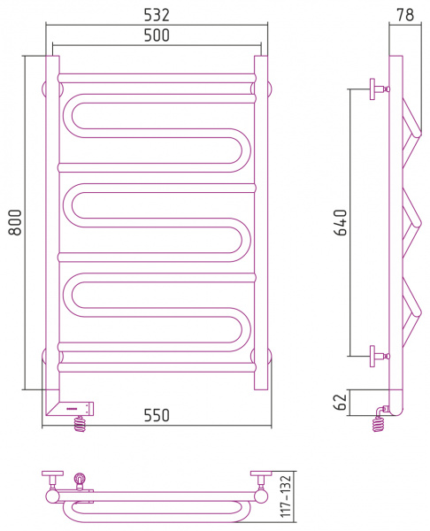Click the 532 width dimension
(157, 15)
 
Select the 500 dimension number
(157, 35)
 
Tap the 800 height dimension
(15, 222)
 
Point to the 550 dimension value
(157, 415)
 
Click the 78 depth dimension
(405, 15)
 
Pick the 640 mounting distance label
(341, 222)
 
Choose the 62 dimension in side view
(341, 402)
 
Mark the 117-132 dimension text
(286, 496)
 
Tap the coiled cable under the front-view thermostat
(81, 424)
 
